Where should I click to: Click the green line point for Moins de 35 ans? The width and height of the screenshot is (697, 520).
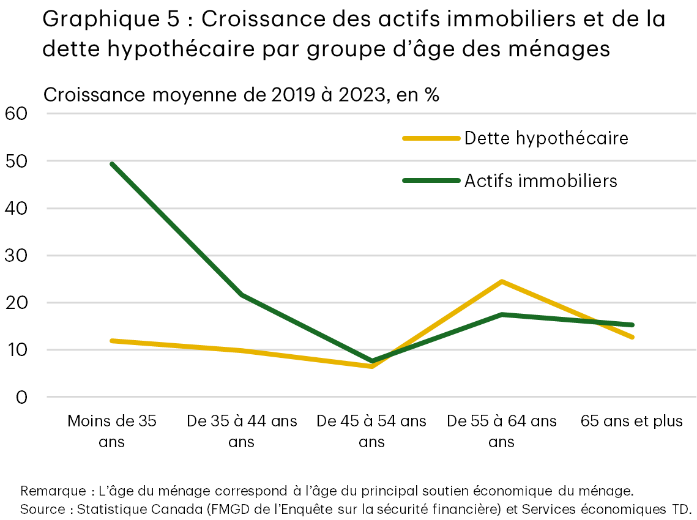tap(112, 164)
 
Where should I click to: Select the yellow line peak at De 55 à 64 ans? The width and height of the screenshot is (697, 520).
tap(502, 281)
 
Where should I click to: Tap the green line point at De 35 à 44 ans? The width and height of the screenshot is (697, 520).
tap(242, 295)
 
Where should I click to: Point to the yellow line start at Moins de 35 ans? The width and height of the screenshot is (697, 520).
tap(112, 341)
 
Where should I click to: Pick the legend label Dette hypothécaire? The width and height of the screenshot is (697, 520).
tap(546, 138)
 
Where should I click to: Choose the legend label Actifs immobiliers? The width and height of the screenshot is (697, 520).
tap(540, 180)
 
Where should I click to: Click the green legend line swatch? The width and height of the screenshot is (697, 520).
tap(431, 180)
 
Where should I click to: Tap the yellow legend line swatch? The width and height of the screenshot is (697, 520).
tap(431, 138)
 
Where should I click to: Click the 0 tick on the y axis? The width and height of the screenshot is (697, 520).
tap(22, 397)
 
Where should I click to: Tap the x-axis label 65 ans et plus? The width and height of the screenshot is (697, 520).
tap(631, 422)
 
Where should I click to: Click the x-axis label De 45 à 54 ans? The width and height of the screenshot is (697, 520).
tap(371, 431)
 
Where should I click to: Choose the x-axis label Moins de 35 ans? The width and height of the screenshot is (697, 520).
tap(112, 431)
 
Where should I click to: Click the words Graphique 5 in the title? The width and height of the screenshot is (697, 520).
tap(111, 20)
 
